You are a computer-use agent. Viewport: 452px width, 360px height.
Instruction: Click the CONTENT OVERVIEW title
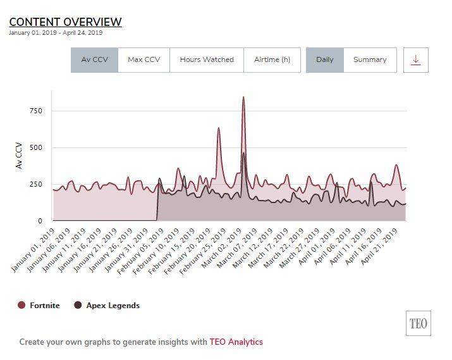65,22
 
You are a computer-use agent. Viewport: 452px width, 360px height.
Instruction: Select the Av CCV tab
94,59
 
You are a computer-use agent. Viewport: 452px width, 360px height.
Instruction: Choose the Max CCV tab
144,59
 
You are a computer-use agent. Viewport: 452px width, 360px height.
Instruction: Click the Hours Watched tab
207,59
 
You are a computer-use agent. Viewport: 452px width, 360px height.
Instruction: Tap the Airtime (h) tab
272,59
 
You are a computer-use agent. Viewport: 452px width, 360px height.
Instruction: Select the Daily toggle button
325,59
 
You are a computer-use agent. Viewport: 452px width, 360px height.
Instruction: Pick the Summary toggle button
370,59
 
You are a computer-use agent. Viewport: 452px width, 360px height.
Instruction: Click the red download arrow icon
415,59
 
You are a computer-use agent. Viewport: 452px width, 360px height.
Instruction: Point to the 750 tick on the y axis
35,111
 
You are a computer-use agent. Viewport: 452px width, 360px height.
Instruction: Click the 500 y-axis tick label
35,147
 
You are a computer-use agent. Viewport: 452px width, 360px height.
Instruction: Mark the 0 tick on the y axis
39,221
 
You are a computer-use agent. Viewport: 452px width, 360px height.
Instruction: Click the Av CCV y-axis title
19,156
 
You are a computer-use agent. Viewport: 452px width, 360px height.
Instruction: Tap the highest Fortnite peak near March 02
243,98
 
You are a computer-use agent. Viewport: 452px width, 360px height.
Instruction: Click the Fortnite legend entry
39,306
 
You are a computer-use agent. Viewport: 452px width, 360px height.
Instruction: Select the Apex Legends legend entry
107,306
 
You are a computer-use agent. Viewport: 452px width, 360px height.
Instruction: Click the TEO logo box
418,324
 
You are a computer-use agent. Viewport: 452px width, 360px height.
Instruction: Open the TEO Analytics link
236,342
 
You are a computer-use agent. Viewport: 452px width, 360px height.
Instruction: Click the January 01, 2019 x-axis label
34,250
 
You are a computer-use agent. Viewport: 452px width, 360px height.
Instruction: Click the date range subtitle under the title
56,33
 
